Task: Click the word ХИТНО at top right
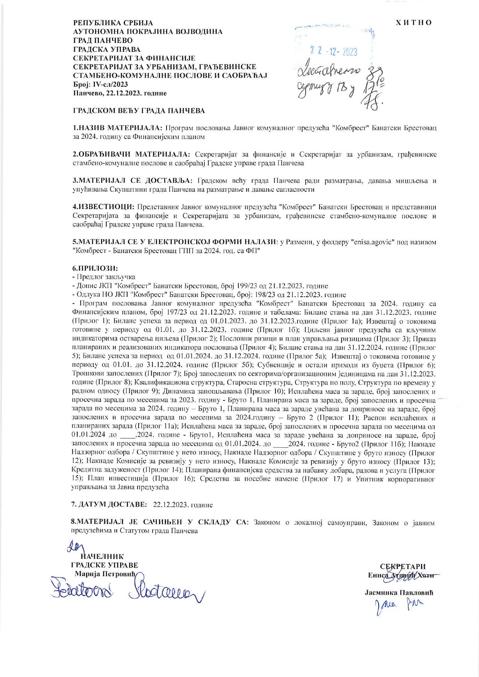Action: [x=414, y=23]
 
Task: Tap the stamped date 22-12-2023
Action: [x=334, y=51]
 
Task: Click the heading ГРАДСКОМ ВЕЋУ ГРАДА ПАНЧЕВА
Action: [x=139, y=111]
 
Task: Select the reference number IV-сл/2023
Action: [x=109, y=85]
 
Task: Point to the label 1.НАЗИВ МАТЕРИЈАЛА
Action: [x=118, y=128]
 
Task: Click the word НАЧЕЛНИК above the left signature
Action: [x=102, y=557]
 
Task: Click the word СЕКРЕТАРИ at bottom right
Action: [x=403, y=567]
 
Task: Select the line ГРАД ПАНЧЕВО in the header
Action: [x=103, y=41]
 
